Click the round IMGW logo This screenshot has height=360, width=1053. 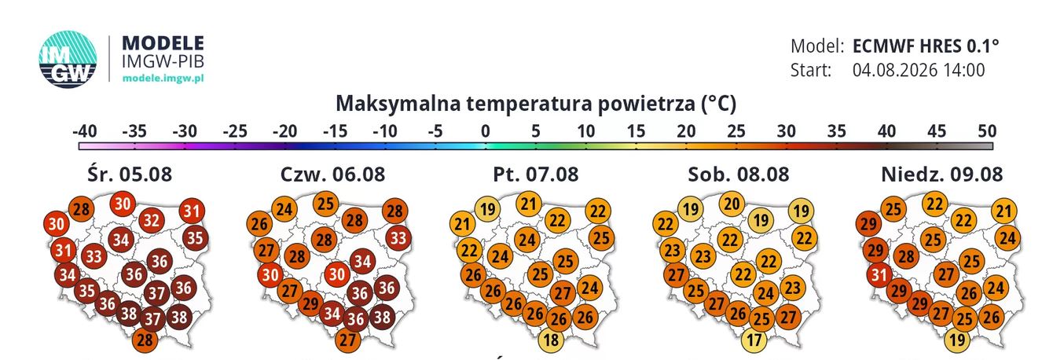tap(68, 59)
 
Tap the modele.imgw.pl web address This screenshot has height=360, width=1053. tap(163, 78)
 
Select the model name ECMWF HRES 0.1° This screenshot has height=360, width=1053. tap(926, 46)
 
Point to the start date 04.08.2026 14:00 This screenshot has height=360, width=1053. tap(919, 70)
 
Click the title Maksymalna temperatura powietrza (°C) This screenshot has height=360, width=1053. tap(536, 104)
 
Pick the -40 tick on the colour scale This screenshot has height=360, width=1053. tap(85, 131)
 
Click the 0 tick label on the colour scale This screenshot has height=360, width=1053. tap(486, 131)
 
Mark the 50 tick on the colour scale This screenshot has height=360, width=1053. tap(987, 131)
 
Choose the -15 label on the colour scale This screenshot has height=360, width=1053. tap(336, 131)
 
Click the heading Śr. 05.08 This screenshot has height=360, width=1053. tap(130, 174)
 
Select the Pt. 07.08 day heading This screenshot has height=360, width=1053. tap(536, 174)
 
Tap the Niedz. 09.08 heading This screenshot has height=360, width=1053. tap(942, 174)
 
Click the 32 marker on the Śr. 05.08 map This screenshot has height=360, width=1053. tap(152, 220)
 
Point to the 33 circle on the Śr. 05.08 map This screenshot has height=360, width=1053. tap(94, 256)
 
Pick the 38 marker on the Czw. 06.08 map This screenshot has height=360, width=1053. tap(382, 316)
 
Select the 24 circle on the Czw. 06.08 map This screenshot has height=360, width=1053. tap(284, 208)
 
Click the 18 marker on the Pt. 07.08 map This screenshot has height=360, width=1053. tap(552, 340)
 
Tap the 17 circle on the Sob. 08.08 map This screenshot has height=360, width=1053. tap(754, 340)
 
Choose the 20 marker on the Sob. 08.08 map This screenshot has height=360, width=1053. tap(732, 204)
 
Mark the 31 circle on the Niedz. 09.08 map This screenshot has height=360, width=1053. tap(879, 274)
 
